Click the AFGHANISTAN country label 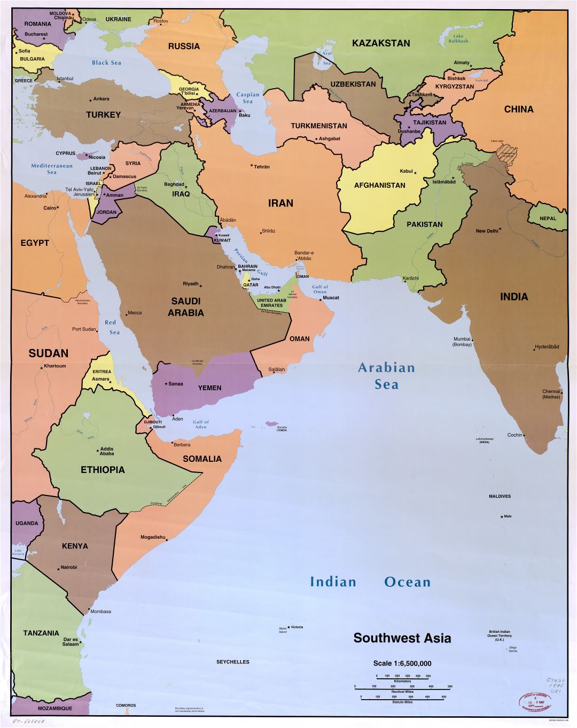379,185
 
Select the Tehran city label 262,167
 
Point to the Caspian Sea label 247,98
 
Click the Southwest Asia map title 402,638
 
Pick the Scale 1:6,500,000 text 402,663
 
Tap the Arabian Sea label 386,376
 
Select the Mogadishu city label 153,537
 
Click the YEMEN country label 209,388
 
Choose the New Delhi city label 487,231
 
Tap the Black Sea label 106,63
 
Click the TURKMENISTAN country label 318,126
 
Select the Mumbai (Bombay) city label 462,342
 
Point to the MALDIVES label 500,496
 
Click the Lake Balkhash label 458,38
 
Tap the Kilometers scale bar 402,678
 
